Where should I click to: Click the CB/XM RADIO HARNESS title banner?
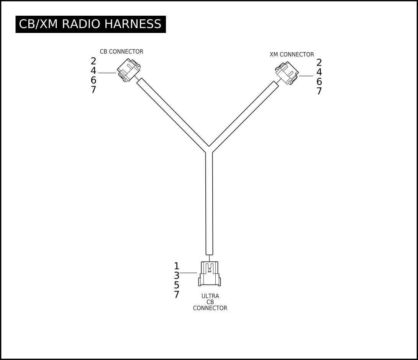91,24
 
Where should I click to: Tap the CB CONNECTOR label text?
121,52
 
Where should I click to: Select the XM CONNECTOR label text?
292,55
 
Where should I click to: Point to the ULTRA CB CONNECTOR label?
210,302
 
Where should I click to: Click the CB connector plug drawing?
129,70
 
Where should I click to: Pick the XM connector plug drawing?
287,73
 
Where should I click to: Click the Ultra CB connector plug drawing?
210,274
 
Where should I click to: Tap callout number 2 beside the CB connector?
93,61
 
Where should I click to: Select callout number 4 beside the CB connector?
93,71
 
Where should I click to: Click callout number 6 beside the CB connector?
93,80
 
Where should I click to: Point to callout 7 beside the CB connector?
93,90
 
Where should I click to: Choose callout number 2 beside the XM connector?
319,63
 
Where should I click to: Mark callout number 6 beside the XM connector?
319,82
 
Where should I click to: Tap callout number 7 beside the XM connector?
319,91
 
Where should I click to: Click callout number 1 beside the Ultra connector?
177,266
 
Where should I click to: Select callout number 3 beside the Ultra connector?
177,275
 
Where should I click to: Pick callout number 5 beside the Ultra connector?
177,285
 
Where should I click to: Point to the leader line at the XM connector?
306,76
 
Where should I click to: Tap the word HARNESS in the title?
133,24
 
